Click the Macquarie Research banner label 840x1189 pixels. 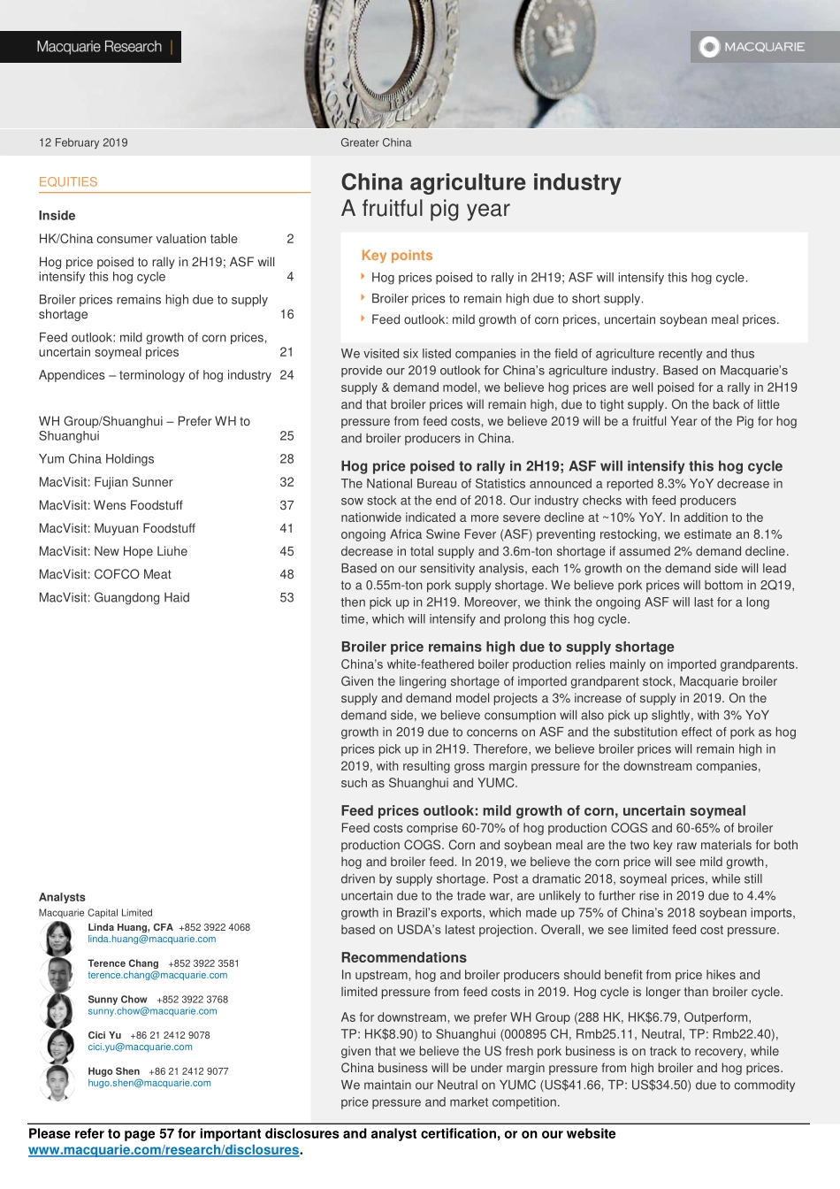tap(99, 47)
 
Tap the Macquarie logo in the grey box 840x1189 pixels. tap(752, 47)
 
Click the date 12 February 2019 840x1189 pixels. tap(83, 142)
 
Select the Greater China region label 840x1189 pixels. tap(376, 142)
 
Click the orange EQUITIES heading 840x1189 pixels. tap(68, 182)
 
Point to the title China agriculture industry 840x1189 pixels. tap(481, 182)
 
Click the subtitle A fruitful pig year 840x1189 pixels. tap(425, 209)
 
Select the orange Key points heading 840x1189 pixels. tap(397, 256)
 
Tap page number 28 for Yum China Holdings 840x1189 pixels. tap(286, 459)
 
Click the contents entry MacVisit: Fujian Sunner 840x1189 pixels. tap(105, 482)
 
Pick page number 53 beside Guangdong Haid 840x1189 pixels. tap(286, 597)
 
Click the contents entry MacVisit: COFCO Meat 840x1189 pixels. tap(105, 574)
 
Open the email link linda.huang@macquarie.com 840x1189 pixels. tap(152, 940)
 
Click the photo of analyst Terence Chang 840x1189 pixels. tap(58, 974)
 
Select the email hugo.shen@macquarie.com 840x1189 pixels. tap(149, 1083)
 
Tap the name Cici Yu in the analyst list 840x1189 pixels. tap(104, 1035)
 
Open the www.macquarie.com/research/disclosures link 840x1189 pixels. tap(164, 1150)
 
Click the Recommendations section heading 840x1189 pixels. tap(403, 957)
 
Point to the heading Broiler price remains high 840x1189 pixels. tap(508, 647)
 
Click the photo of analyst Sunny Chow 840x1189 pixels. tap(58, 1010)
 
